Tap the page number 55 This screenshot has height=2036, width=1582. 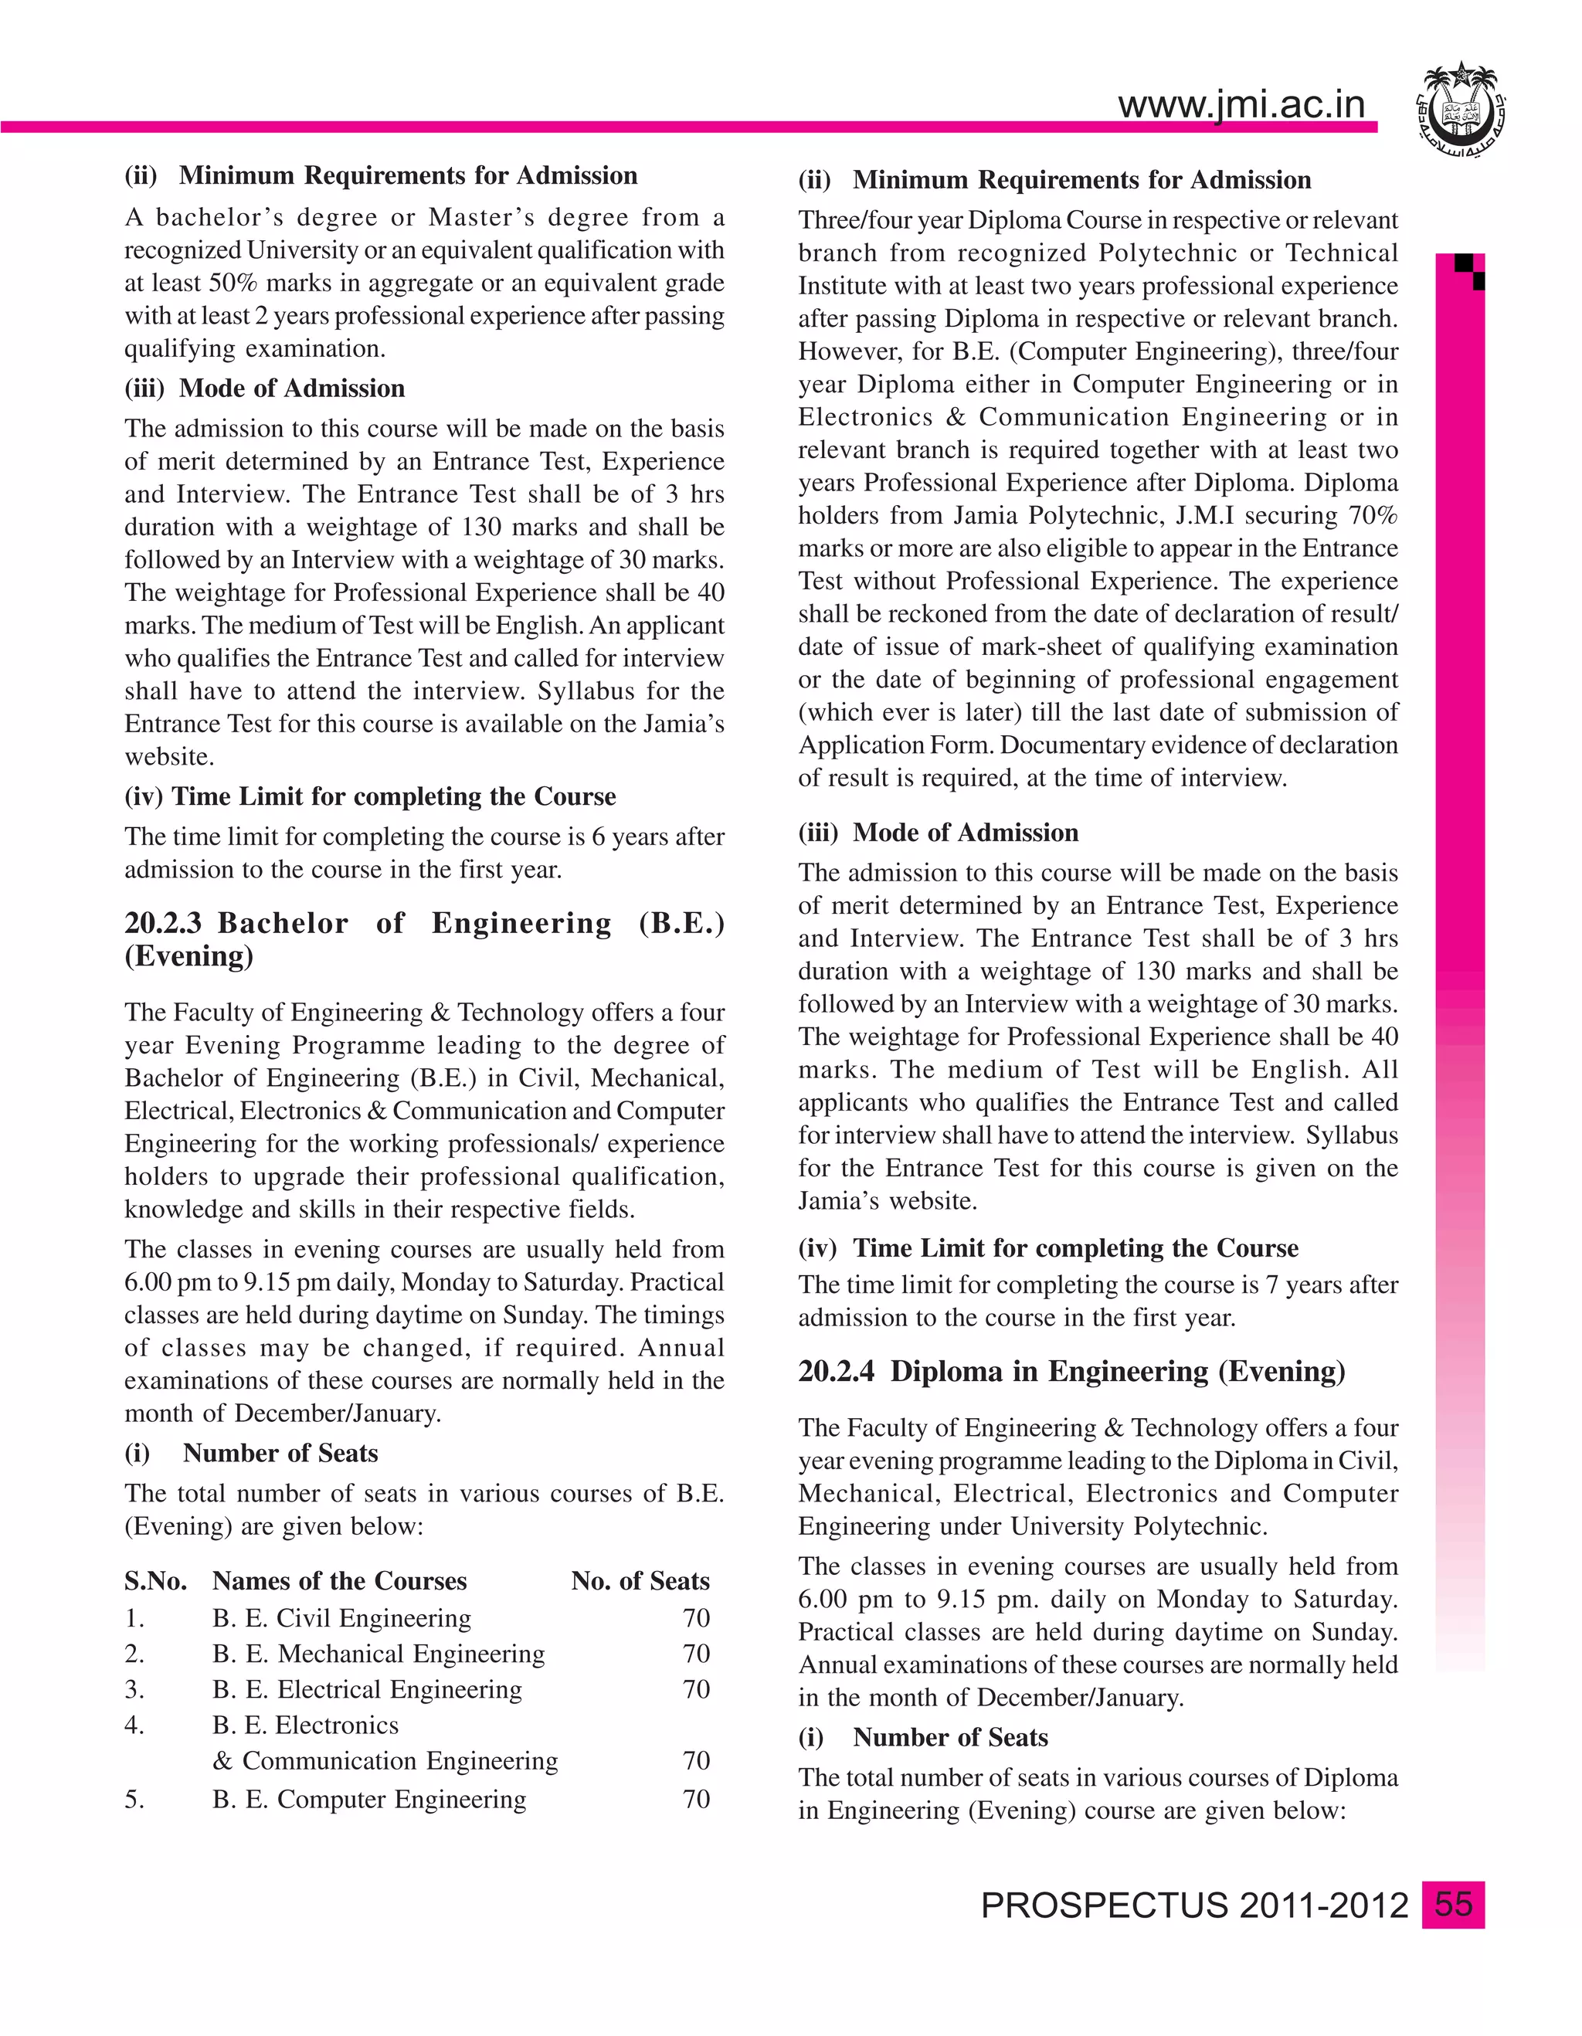1452,1905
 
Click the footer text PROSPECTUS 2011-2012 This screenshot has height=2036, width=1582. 1194,1906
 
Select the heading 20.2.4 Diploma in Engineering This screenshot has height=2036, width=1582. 1071,1371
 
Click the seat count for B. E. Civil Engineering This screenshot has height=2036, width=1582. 695,1617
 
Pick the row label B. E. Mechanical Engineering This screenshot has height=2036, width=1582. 378,1654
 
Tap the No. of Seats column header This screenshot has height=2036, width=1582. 640,1581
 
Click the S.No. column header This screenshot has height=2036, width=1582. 154,1581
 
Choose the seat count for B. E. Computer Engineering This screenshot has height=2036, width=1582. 695,1798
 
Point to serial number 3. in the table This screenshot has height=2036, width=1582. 134,1689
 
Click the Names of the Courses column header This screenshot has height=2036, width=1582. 339,1581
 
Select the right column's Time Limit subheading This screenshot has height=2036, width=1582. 1074,1248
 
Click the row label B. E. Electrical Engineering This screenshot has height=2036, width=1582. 366,1689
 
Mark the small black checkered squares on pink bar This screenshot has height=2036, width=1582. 1469,271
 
